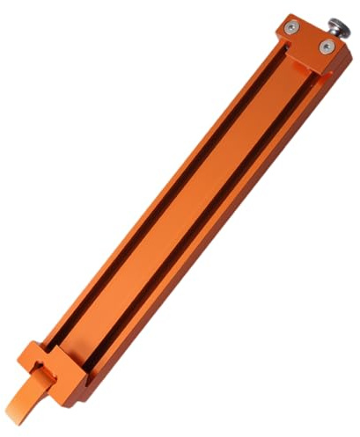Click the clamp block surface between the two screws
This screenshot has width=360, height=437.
(311, 40)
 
